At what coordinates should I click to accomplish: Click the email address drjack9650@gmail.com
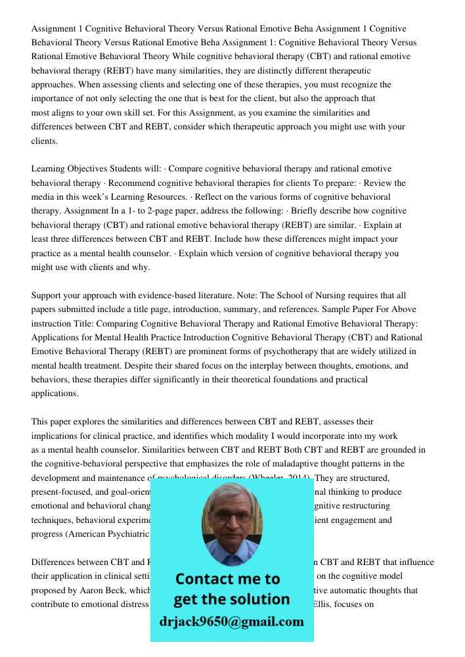231,622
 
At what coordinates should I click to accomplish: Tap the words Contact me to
227,579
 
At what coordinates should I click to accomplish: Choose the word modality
226,436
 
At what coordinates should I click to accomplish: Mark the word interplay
254,366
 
